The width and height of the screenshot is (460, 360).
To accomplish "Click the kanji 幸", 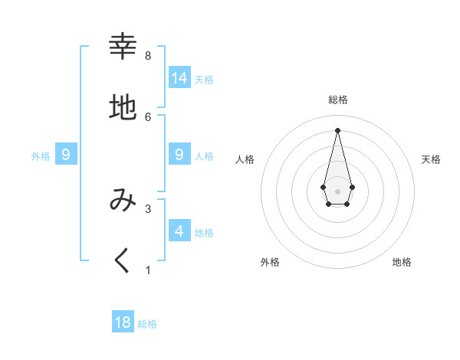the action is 123,47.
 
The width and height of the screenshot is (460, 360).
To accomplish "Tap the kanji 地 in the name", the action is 123,108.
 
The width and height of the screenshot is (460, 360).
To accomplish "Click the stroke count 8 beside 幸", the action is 148,56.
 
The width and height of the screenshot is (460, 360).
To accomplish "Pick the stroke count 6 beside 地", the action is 148,116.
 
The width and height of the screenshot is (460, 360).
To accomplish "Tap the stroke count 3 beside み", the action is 148,208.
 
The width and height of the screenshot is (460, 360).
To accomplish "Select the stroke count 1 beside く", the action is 148,270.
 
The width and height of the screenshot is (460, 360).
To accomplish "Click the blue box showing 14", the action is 179,77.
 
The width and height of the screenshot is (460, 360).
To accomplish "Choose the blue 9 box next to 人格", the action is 179,154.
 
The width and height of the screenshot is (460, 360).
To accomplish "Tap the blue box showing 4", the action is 179,231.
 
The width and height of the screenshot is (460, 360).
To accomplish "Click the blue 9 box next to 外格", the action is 66,155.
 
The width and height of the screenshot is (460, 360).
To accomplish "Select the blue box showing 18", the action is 123,322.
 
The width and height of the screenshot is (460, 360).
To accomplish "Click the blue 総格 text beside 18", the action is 147,324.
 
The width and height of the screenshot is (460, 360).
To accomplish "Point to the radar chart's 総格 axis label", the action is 338,100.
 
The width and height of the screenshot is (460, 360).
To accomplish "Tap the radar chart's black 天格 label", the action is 431,159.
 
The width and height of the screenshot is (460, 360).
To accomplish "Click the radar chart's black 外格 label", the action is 270,262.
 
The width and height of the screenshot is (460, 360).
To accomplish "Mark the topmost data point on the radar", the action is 337,129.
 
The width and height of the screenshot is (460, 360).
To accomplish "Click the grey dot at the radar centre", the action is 337,191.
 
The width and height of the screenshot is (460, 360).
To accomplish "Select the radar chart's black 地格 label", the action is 402,262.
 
